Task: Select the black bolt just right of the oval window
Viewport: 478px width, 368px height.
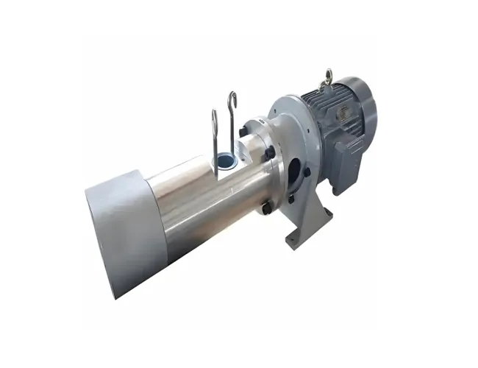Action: click(x=307, y=172)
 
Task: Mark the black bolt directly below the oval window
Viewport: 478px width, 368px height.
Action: click(x=292, y=197)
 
